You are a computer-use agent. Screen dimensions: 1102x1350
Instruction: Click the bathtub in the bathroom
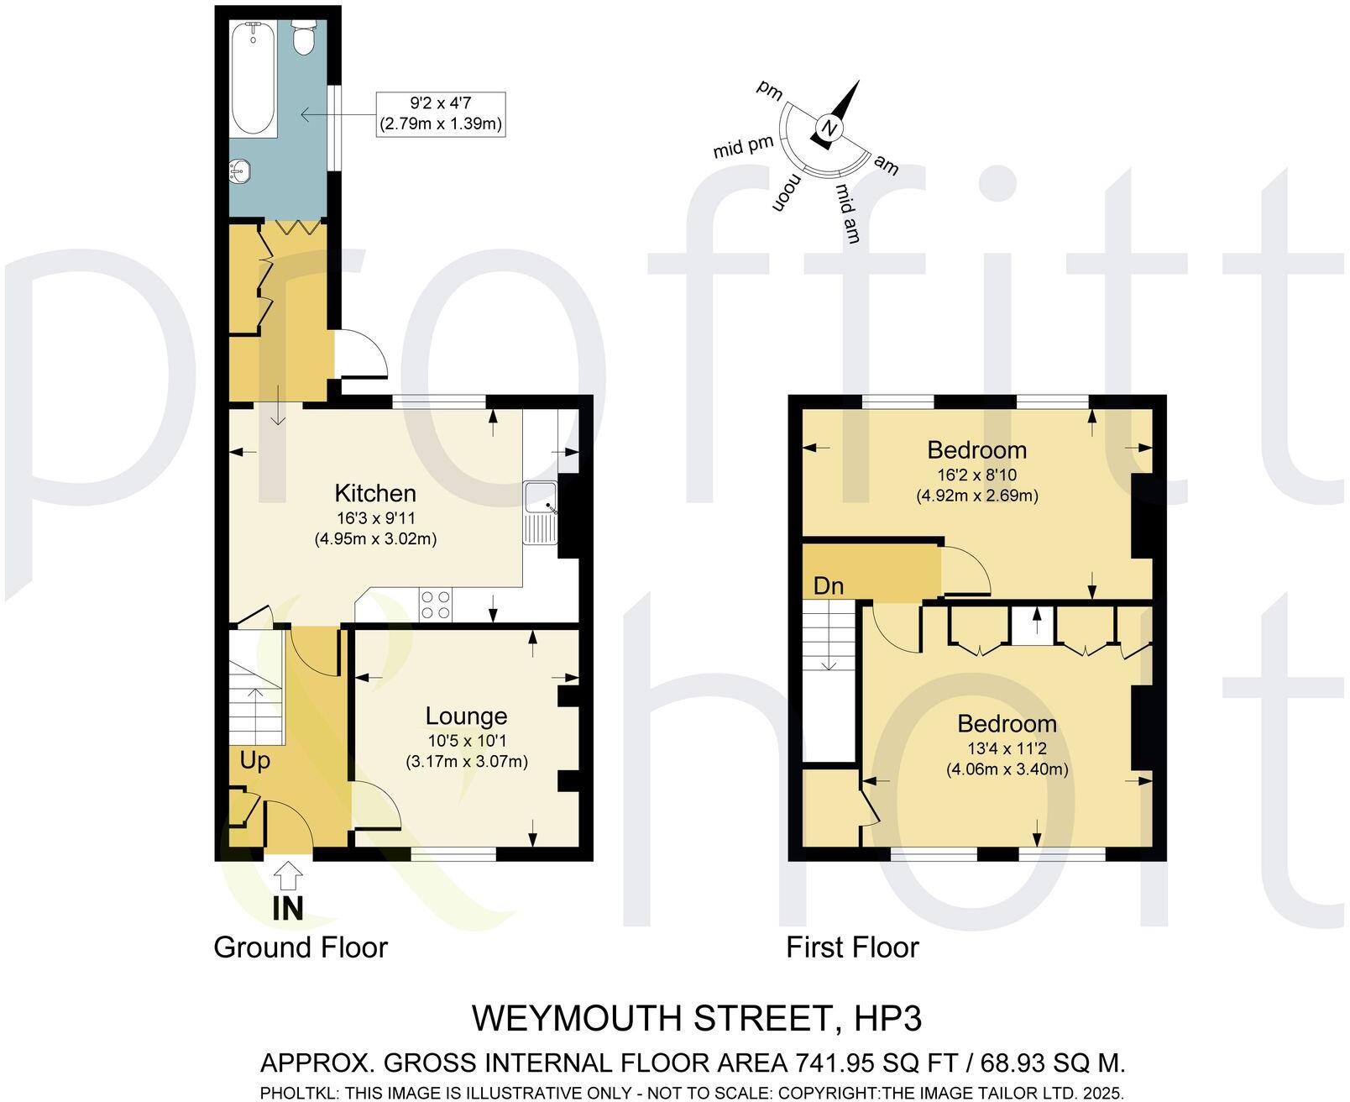pyautogui.click(x=254, y=79)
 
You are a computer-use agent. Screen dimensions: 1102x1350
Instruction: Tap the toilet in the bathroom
pyautogui.click(x=302, y=37)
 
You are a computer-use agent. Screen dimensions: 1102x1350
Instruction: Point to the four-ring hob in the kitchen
pyautogui.click(x=435, y=603)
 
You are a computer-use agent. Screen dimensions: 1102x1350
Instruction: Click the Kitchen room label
pyautogui.click(x=375, y=493)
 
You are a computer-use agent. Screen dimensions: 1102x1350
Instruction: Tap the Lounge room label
pyautogui.click(x=466, y=716)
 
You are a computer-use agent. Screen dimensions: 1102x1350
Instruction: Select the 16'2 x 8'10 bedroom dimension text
pyautogui.click(x=976, y=475)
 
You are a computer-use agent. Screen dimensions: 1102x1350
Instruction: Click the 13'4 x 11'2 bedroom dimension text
pyautogui.click(x=1007, y=748)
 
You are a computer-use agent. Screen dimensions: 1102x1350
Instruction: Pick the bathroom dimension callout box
pyautogui.click(x=441, y=114)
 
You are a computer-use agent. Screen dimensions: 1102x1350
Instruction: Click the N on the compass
pyautogui.click(x=829, y=129)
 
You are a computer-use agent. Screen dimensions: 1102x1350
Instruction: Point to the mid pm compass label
pyautogui.click(x=743, y=148)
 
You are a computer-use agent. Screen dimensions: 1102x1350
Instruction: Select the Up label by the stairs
pyautogui.click(x=255, y=761)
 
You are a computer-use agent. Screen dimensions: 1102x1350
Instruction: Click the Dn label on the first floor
pyautogui.click(x=828, y=585)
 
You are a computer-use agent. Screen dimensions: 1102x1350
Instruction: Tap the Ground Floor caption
pyautogui.click(x=301, y=947)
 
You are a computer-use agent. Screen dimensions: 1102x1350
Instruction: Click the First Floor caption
pyautogui.click(x=852, y=947)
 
